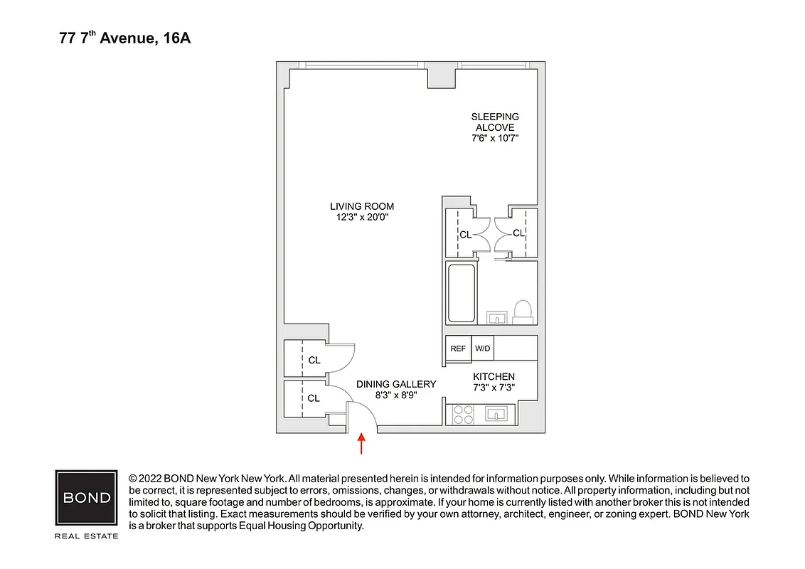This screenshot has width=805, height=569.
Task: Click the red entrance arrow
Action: tap(362, 443)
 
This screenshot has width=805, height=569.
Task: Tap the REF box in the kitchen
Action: tap(458, 349)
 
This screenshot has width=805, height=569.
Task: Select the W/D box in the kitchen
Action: tap(482, 349)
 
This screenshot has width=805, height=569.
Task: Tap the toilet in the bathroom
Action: tap(523, 312)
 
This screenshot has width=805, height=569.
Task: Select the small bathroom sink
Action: tap(496, 317)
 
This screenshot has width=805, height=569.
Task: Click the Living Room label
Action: tap(362, 206)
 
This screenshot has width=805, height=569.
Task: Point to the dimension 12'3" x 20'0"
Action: tap(362, 218)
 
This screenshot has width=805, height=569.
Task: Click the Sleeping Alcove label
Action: tap(495, 122)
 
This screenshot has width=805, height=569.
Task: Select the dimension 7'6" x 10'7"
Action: tap(495, 139)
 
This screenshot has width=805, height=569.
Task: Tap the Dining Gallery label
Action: tap(396, 384)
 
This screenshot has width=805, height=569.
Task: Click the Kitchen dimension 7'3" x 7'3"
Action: tap(494, 388)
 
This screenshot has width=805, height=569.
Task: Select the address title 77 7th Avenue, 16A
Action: tap(125, 38)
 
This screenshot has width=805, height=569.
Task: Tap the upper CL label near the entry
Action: tap(314, 361)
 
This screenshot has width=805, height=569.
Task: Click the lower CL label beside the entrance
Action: tap(314, 398)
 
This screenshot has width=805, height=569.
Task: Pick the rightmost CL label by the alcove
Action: tap(518, 233)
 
